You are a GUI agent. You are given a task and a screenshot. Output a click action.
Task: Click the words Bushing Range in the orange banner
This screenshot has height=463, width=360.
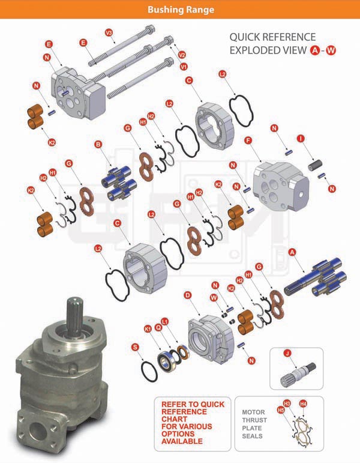pyautogui.click(x=181, y=10)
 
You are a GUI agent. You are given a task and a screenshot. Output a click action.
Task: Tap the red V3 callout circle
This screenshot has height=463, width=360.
pyautogui.click(x=109, y=32)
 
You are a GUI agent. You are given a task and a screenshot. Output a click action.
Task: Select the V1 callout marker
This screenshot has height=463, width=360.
pyautogui.click(x=184, y=67)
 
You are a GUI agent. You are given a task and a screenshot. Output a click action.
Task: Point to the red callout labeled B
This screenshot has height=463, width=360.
pyautogui.click(x=98, y=144)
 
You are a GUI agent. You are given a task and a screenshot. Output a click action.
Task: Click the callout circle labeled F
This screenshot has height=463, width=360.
pyautogui.click(x=249, y=141)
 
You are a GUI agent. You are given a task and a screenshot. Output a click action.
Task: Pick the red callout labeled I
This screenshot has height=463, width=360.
pyautogui.click(x=301, y=139)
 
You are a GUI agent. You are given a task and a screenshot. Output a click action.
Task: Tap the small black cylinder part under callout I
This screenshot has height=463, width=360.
pyautogui.click(x=316, y=165)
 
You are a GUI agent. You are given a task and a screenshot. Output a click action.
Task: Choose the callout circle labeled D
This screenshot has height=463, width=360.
pyautogui.click(x=188, y=295)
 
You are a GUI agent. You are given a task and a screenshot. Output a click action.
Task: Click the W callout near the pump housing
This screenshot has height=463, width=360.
pyautogui.click(x=214, y=298)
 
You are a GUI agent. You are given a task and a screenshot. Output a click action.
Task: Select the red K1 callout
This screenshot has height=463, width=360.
pyautogui.click(x=148, y=328)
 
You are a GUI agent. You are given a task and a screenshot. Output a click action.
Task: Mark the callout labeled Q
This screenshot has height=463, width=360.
pyautogui.click(x=158, y=327)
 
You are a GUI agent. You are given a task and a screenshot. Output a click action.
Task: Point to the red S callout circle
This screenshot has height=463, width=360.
pyautogui.click(x=135, y=347)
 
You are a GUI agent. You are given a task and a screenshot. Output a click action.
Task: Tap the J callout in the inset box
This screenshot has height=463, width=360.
pyautogui.click(x=287, y=353)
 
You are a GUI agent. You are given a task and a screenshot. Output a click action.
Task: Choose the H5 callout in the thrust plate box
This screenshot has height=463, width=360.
pyautogui.click(x=281, y=410)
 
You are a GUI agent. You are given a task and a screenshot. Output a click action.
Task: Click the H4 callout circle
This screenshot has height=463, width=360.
pyautogui.click(x=303, y=404)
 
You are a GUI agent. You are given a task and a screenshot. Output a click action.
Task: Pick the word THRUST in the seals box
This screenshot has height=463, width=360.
pyautogui.click(x=254, y=420)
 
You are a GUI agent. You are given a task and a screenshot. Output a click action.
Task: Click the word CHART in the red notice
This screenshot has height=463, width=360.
pyautogui.click(x=174, y=419)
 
